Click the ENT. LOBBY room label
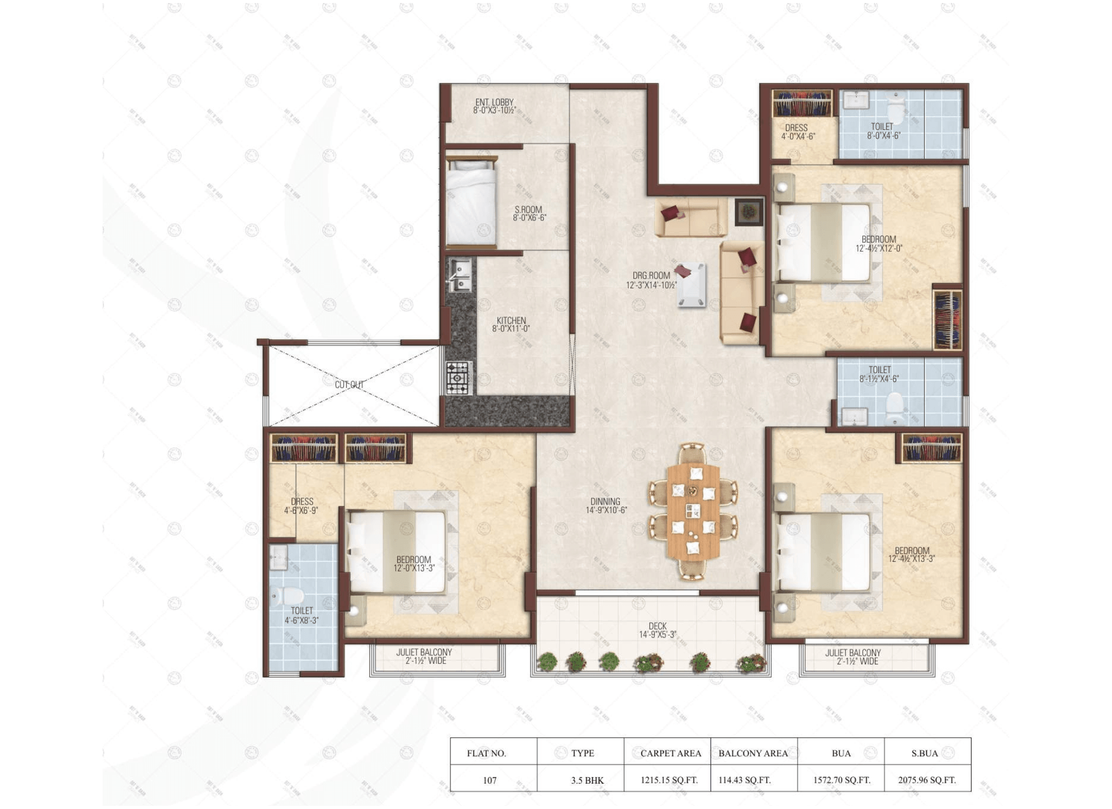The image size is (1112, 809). tap(494, 102)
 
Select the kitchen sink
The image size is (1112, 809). tap(459, 275)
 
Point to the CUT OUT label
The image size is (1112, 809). tap(349, 385)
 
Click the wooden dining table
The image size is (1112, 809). tap(692, 512)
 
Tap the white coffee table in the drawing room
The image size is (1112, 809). tap(691, 285)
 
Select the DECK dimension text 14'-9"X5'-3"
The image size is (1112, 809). tap(658, 635)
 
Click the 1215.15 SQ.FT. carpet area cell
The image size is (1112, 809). tap(669, 780)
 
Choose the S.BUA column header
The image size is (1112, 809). tap(924, 753)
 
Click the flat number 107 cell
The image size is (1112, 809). tap(490, 780)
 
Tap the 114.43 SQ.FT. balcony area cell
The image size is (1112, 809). tap(745, 780)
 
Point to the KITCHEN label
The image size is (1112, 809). tap(511, 321)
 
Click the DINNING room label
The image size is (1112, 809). tap(605, 502)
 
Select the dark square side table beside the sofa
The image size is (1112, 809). tap(749, 212)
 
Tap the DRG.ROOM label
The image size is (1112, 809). tap(651, 276)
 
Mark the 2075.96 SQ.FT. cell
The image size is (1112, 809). tap(927, 780)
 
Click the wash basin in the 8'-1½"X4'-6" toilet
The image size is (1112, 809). tap(854, 417)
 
